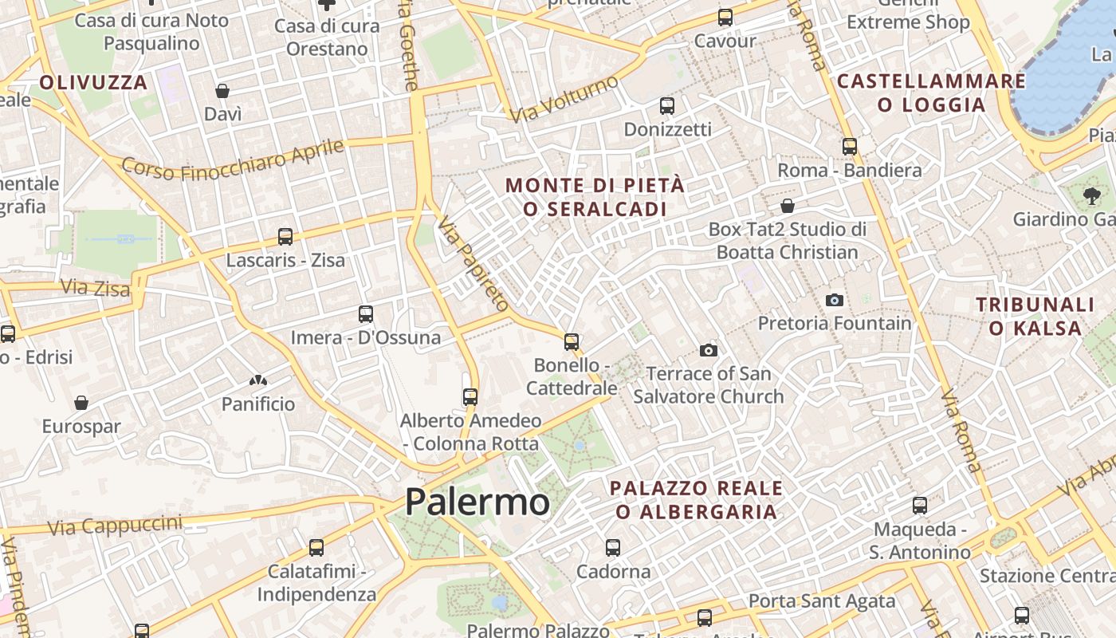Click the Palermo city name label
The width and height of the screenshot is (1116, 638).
click(477, 502)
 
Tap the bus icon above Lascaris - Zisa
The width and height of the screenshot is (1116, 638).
click(285, 236)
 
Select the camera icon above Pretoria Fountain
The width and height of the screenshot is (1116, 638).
click(835, 300)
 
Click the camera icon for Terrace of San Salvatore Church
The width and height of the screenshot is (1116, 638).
click(708, 350)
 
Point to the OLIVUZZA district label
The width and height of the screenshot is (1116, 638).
click(93, 82)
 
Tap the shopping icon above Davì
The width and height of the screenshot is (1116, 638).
click(222, 91)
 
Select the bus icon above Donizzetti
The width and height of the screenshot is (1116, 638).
click(667, 105)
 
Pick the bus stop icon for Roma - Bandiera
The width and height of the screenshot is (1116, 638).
click(850, 146)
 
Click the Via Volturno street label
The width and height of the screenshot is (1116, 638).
click(564, 100)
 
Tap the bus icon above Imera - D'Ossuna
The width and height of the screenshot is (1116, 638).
click(366, 313)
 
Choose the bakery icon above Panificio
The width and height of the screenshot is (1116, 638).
click(257, 381)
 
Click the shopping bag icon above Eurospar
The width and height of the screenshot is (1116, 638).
click(81, 403)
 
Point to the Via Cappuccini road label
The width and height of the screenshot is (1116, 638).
click(115, 526)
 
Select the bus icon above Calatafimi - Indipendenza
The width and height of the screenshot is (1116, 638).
click(316, 547)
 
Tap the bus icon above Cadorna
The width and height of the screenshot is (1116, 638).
click(612, 547)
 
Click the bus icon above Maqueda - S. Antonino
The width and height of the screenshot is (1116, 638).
click(920, 505)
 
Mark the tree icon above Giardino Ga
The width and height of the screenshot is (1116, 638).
click(1091, 195)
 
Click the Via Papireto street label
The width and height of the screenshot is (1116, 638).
click(474, 264)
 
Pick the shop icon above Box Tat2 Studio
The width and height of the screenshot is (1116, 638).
click(788, 206)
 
